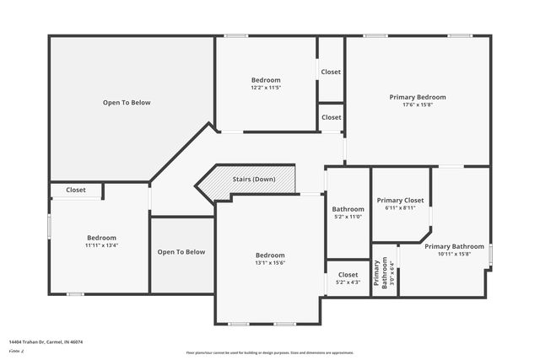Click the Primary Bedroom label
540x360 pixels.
click(418, 97)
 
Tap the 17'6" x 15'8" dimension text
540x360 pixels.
click(418, 105)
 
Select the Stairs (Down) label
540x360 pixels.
click(254, 180)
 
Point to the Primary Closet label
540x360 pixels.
click(400, 200)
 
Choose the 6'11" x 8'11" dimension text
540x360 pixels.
click(400, 208)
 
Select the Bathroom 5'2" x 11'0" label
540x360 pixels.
click(348, 212)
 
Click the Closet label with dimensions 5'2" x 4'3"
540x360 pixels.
click(348, 278)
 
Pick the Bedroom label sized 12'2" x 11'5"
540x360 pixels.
click(266, 83)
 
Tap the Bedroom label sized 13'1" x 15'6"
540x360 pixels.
click(270, 259)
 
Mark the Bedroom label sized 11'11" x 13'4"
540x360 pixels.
click(101, 242)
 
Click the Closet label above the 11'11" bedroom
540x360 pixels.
click(76, 191)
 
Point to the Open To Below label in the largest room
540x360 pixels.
click(127, 103)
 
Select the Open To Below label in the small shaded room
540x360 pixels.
click(181, 252)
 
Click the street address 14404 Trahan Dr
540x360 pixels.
click(46, 342)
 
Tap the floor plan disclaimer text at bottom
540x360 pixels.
click(270, 352)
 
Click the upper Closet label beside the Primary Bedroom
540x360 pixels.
click(331, 72)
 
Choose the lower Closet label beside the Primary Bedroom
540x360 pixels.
click(331, 117)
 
